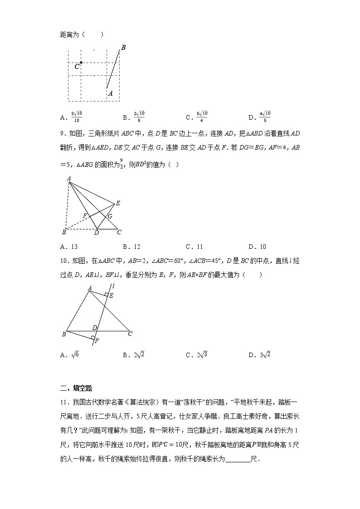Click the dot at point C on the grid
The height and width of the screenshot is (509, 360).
81,63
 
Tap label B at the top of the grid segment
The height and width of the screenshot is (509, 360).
123,48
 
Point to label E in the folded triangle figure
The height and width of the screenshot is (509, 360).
118,204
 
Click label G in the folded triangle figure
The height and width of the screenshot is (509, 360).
110,217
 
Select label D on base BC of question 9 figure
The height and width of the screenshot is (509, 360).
96,233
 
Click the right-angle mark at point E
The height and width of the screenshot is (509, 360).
106,295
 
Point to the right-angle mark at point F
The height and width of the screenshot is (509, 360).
92,337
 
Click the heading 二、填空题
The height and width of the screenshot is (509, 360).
76,388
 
